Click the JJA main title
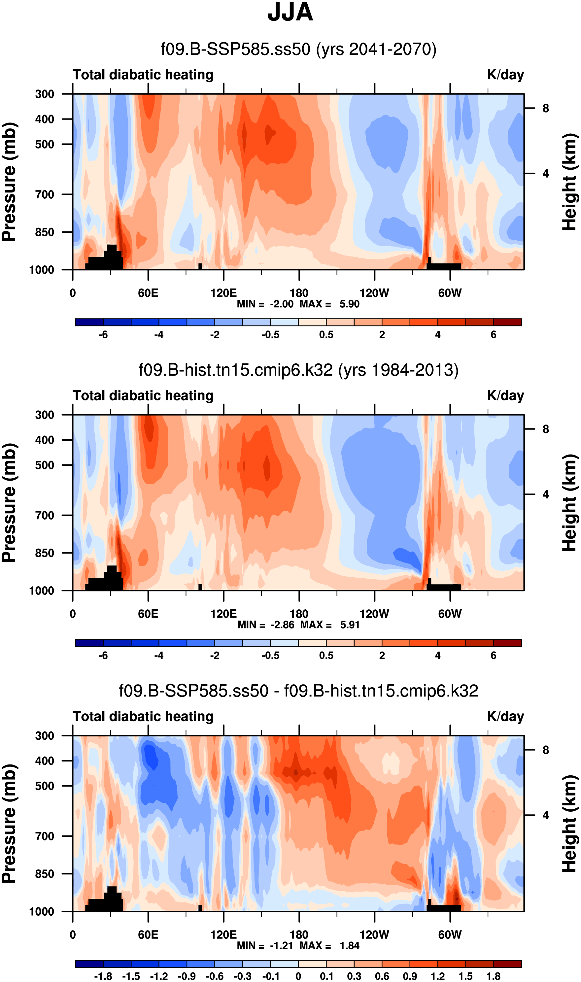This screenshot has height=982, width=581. pos(290,13)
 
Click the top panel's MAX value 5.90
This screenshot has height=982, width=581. pos(349,304)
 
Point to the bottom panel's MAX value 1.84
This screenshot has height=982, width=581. pos(349,946)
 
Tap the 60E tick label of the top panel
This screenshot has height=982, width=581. pos(148,293)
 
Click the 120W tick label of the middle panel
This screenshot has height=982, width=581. pos(374,614)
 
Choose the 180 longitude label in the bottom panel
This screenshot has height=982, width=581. pos(299,935)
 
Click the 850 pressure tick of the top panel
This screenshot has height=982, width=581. pos(45,232)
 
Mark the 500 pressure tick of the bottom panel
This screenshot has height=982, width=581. pos(45,786)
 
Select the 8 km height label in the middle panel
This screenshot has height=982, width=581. pos(546,429)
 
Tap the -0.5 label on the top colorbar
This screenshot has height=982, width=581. pos(271,335)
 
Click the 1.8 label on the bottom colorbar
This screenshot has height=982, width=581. pos(494,976)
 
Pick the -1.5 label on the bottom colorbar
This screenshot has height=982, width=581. pos(131,976)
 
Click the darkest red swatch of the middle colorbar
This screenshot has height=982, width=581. pos(507,643)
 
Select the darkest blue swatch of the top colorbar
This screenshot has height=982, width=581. pos(89,322)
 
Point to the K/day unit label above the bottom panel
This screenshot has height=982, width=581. pos(505,716)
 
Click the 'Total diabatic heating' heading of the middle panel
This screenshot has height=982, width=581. pos(143,395)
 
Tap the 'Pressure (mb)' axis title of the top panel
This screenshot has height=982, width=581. pos(9,182)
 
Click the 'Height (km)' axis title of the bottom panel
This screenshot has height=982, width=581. pos(570,824)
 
